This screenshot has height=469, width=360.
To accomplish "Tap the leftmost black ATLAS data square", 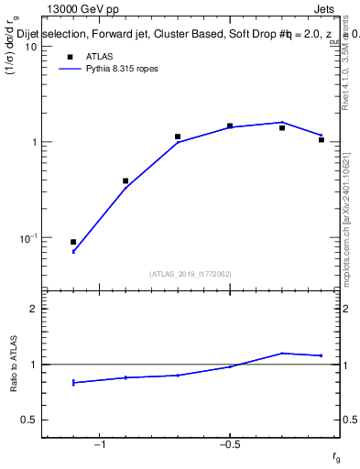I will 73,242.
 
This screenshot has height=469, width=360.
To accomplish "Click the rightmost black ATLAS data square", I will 322,140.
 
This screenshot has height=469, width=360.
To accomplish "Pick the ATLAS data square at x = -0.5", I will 230,125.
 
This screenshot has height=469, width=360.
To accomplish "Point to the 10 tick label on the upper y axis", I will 29,47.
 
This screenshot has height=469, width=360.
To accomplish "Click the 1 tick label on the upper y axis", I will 32,142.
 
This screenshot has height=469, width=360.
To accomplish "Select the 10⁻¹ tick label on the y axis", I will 27,238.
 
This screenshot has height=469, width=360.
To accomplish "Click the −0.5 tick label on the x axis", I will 229,446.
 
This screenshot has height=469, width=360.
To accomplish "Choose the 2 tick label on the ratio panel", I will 33,309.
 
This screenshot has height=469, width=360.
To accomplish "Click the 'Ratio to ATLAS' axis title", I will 13,364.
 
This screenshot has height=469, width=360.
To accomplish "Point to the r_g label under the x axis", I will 336,457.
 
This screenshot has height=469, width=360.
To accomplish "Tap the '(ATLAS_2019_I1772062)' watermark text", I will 191,274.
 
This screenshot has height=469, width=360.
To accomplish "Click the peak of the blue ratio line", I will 282,353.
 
